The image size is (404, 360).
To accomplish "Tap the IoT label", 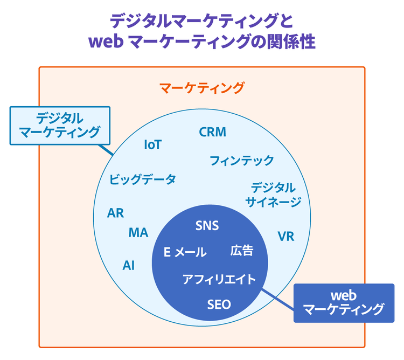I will pos(153,145).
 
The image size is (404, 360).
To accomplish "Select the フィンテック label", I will pos(241,161).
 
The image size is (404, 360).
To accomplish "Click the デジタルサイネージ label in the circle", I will pos(273,195).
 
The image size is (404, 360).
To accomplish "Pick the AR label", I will pos(116,213).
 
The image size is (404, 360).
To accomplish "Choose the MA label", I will pos(138,233).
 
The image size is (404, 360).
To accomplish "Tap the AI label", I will pos(129,265).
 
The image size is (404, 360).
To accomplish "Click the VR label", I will pos(286,237).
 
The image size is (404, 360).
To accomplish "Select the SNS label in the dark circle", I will pos(207,225).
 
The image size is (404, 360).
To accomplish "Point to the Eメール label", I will pos(185,252).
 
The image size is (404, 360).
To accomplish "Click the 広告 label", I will pos(242,251).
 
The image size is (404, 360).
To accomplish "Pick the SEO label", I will pos(219,304).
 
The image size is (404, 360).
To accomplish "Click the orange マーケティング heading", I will pos(202,87).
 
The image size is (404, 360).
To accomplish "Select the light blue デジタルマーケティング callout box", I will pos(60,125).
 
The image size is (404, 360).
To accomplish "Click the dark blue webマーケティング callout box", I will pos(344,302).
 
